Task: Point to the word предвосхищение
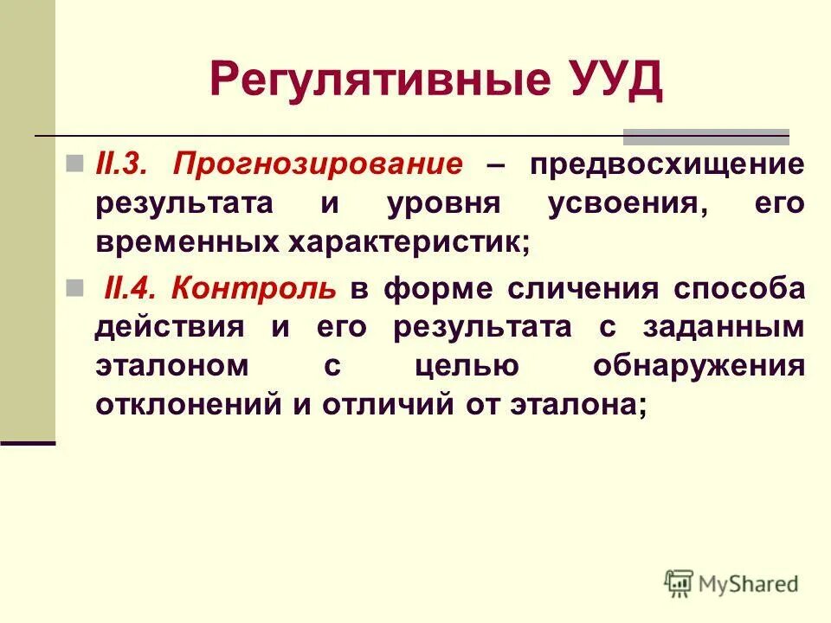pos(667,165)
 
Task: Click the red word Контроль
pos(253,288)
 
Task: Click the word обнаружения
pos(699,367)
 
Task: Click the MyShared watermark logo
pos(731,583)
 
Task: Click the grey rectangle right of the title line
pos(706,136)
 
